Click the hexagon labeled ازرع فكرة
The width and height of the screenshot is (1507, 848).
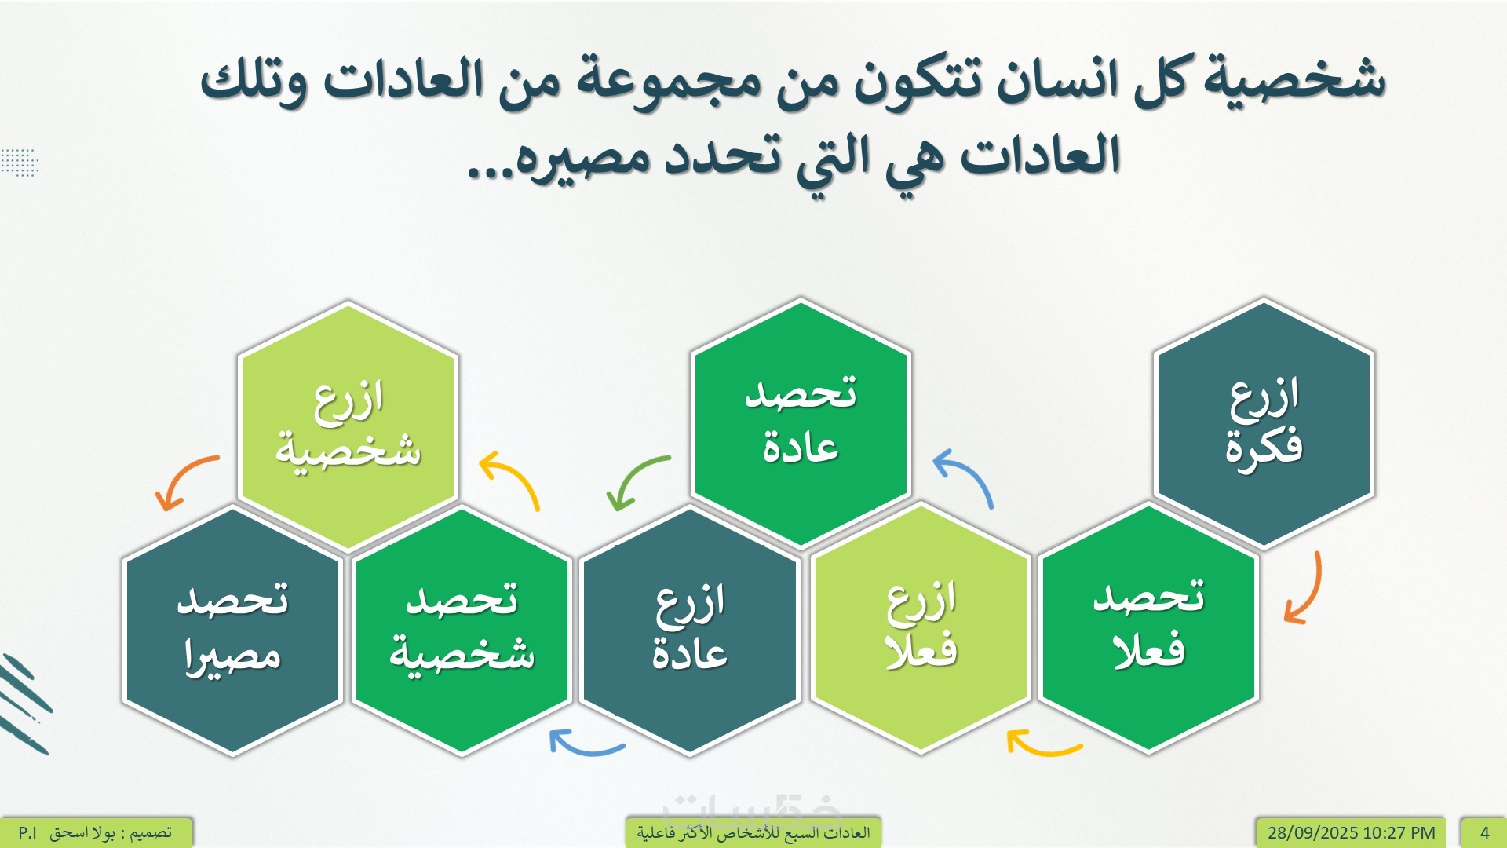pos(1264,424)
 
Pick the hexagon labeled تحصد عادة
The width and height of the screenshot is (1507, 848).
pos(801,424)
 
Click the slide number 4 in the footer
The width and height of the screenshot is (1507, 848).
pos(1484,832)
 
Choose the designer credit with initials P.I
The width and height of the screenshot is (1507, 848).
pos(95,832)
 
